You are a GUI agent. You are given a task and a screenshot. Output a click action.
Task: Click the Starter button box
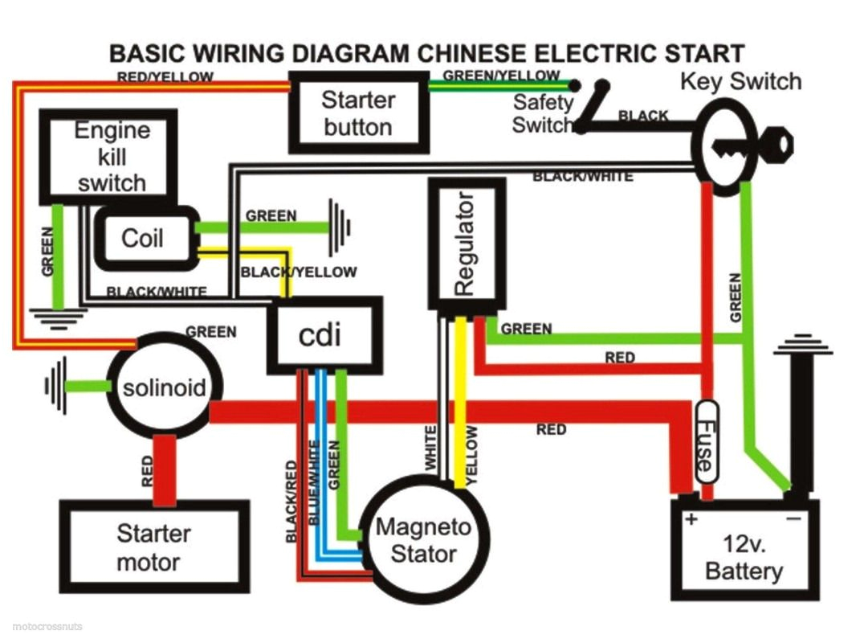click(357, 113)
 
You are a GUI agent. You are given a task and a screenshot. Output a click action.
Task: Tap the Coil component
click(142, 238)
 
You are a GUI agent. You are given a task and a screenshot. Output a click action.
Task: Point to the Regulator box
click(467, 244)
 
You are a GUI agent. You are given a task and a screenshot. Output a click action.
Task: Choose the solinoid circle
click(164, 389)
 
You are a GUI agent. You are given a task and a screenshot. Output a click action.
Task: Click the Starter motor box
click(153, 547)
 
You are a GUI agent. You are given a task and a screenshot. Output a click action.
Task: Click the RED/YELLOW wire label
click(165, 78)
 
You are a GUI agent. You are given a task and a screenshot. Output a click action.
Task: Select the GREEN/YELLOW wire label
click(501, 76)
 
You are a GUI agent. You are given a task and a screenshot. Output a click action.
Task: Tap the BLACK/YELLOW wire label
click(299, 272)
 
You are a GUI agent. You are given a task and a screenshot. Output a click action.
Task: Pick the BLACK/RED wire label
click(291, 501)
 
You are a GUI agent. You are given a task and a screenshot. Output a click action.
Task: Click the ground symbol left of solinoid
click(55, 387)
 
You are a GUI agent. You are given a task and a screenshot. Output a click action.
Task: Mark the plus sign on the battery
click(691, 519)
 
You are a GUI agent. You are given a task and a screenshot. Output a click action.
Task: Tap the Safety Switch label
click(543, 113)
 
